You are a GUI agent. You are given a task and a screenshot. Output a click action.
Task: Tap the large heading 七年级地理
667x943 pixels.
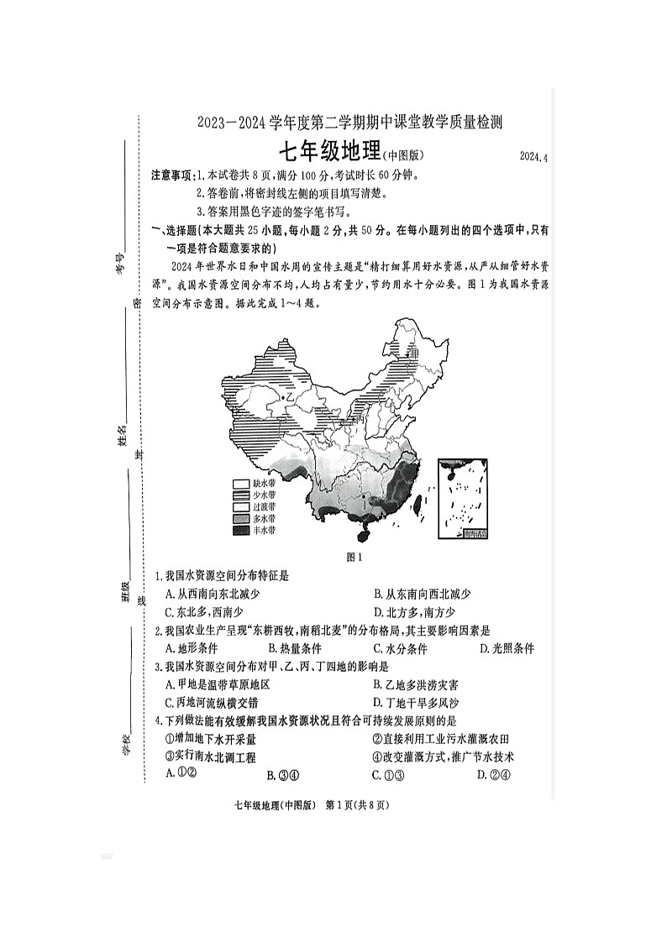click(x=328, y=154)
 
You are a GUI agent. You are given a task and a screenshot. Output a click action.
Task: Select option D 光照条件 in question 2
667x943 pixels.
click(x=507, y=648)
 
